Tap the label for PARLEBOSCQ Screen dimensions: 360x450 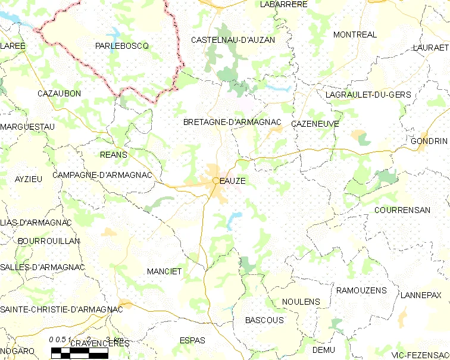tap(121, 46)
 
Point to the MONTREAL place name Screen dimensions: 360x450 tap(355, 35)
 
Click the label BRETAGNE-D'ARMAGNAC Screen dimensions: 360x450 tap(232, 122)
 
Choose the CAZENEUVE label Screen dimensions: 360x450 tap(315, 124)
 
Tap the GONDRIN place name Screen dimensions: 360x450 tap(429, 141)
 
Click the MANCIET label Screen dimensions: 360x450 tap(164, 271)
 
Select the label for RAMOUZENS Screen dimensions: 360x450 tap(361, 290)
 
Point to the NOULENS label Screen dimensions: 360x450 tap(301, 302)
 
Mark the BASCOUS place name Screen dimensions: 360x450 tap(264, 320)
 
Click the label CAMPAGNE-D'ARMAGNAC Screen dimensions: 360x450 tap(102, 175)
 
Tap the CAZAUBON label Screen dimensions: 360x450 tap(59, 93)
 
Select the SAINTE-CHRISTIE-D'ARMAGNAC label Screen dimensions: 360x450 tap(61, 309)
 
